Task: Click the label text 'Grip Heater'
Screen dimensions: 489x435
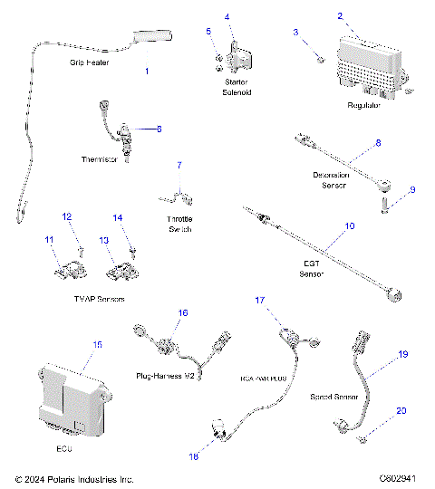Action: click(x=90, y=64)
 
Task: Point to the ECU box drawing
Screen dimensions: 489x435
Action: click(x=68, y=393)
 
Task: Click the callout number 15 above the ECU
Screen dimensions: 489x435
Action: click(x=98, y=345)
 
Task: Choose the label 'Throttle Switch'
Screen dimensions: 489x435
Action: click(x=180, y=224)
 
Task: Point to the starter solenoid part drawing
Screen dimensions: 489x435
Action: click(x=239, y=60)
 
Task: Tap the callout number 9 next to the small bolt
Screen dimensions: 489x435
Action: click(x=412, y=189)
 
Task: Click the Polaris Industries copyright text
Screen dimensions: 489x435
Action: click(x=75, y=478)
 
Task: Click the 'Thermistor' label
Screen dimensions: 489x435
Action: click(x=101, y=159)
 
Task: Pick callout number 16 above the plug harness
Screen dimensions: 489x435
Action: click(x=182, y=312)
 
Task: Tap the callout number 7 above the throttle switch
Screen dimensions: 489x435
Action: click(x=179, y=165)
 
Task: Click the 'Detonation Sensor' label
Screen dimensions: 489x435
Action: click(x=334, y=179)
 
